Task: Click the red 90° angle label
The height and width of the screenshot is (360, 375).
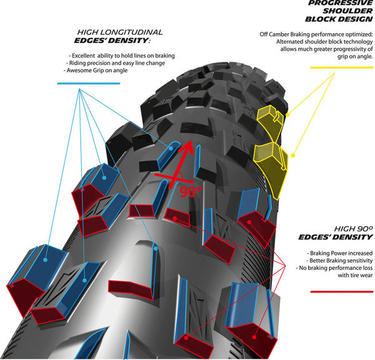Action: pos(191,191)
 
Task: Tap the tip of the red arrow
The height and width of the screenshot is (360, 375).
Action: pos(191,140)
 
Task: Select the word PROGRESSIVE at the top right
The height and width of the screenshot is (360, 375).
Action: pos(341,3)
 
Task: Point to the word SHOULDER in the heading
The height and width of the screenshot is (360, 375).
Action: pos(347,11)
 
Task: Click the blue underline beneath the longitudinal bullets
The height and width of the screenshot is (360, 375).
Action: pos(89,84)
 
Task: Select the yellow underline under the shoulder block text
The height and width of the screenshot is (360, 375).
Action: pos(341,67)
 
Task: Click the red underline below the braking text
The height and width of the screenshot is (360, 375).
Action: pos(341,292)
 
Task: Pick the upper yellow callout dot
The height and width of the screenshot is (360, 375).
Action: pos(287,115)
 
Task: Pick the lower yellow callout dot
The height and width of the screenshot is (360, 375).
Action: pos(292,156)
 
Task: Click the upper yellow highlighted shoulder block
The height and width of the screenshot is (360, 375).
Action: pos(270,121)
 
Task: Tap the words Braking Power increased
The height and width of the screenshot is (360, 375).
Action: pos(341,253)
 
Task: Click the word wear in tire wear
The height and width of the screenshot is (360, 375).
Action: pos(367,276)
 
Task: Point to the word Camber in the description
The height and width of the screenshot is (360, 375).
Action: pos(279,34)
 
